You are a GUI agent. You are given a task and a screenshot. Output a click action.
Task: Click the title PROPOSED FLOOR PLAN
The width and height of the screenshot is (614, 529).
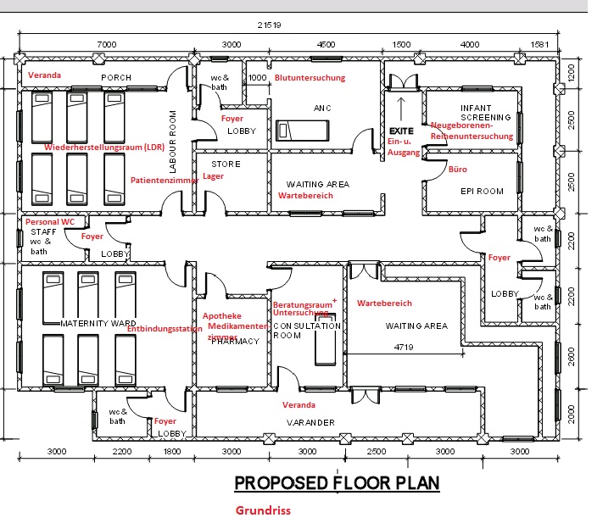click(337, 483)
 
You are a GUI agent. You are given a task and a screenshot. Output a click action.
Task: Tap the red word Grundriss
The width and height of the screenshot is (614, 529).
click(263, 511)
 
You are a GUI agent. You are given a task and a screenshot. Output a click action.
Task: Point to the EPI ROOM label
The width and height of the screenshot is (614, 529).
click(482, 192)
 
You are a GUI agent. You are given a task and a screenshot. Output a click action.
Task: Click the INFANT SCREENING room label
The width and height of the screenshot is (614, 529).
click(486, 112)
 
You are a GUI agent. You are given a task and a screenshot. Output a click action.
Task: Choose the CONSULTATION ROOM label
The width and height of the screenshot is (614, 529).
click(308, 330)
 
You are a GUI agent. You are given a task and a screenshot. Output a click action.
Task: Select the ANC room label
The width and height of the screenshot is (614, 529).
click(322, 109)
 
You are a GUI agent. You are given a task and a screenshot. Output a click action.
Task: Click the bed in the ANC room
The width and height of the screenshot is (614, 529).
click(303, 130)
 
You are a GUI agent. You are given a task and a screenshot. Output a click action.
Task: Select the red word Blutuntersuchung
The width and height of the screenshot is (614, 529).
click(310, 78)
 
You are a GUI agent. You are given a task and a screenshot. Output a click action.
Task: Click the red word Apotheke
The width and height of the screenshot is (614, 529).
click(220, 315)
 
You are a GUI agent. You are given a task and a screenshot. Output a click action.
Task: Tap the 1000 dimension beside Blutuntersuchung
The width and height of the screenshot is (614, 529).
click(258, 77)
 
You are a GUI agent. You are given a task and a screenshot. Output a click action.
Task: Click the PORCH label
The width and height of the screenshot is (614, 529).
click(116, 78)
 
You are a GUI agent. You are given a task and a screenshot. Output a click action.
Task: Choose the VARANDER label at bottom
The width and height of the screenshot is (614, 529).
click(310, 422)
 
